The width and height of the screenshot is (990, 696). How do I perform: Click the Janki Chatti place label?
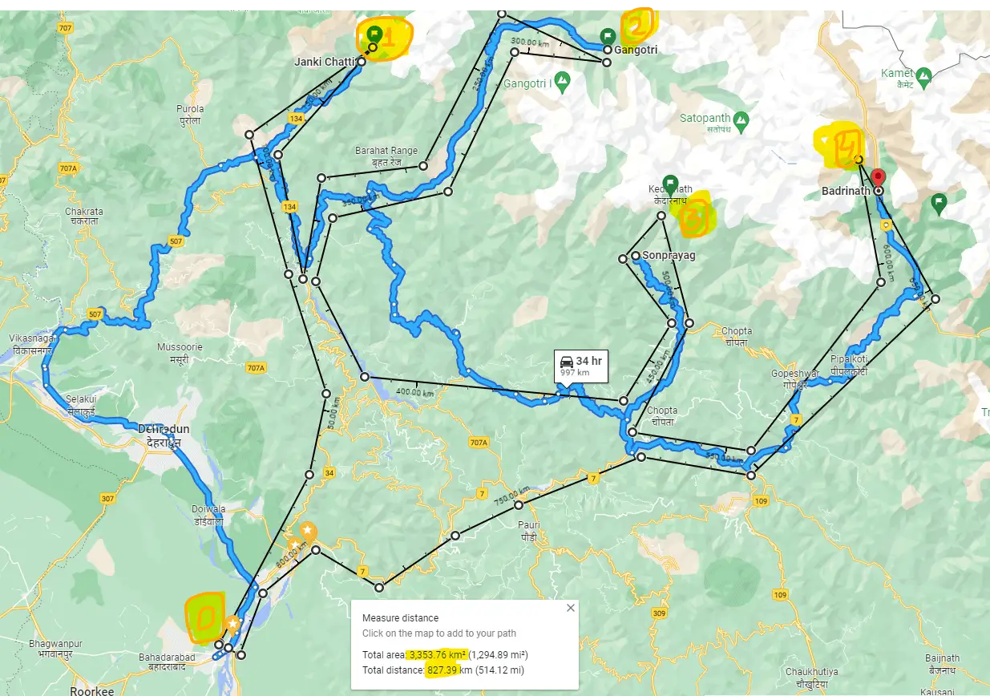tap(325, 62)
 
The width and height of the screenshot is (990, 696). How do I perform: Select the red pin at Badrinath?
tap(878, 178)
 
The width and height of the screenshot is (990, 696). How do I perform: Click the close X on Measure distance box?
tap(571, 608)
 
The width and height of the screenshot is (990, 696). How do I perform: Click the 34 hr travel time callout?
tap(582, 366)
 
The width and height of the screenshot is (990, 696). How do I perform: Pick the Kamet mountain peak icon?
tap(923, 77)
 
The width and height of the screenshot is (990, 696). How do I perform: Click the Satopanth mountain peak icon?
tap(741, 121)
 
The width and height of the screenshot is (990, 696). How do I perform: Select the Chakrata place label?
tap(87, 216)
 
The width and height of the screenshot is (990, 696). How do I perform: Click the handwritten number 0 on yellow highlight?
tap(204, 617)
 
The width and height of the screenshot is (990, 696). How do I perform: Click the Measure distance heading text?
tap(400, 618)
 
